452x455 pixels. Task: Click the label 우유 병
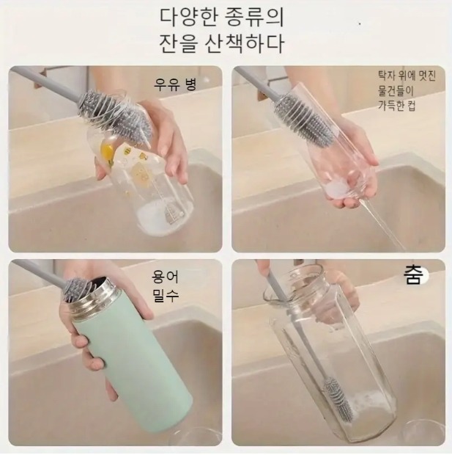[x=175, y=84]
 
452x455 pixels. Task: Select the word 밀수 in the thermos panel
[x=166, y=296]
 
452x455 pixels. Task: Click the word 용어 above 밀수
[x=166, y=277]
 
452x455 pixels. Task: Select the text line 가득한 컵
[x=396, y=106]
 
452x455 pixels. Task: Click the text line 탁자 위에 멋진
[x=407, y=75]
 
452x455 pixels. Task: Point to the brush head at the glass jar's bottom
[x=338, y=397]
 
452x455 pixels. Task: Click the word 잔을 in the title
[x=179, y=43]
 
